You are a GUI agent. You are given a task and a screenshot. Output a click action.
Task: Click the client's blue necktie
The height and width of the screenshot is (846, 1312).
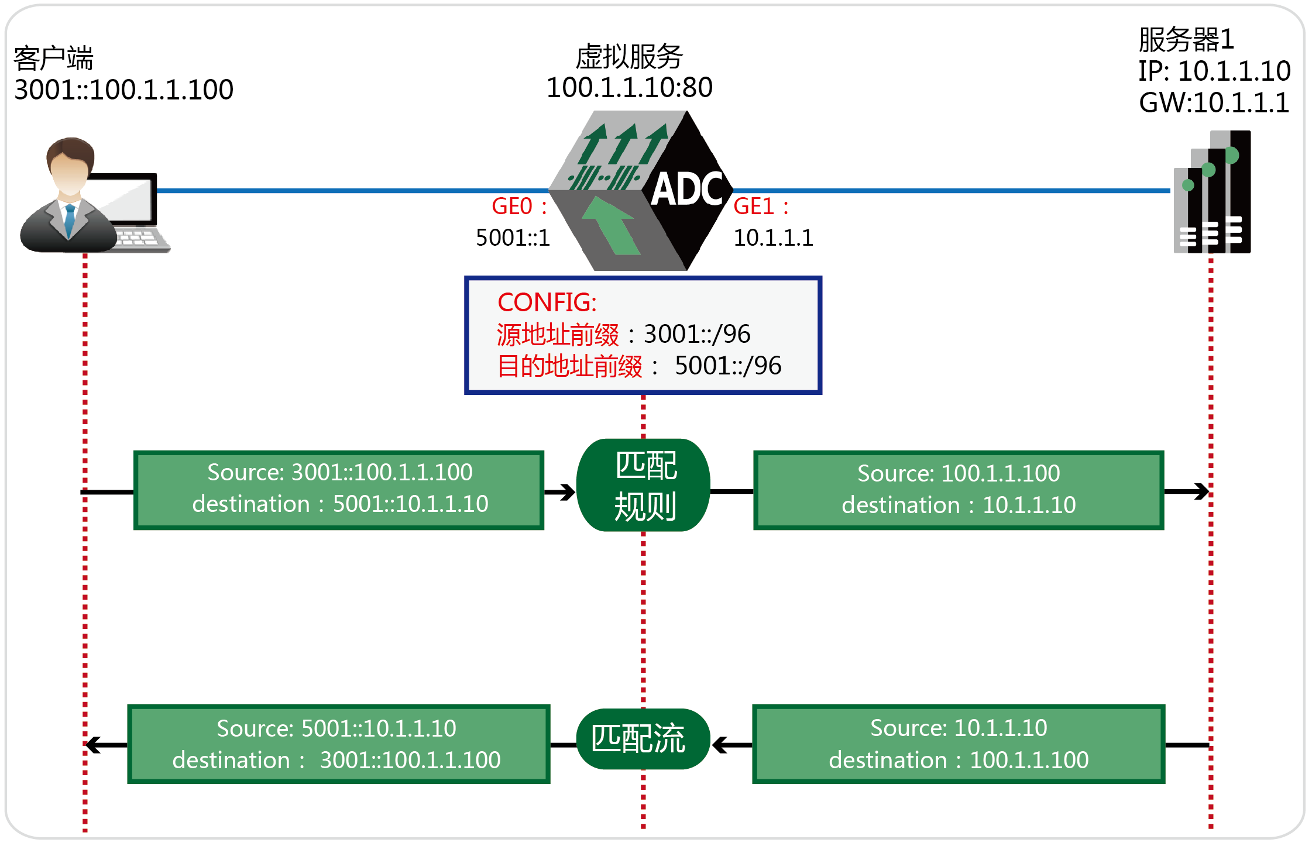70,219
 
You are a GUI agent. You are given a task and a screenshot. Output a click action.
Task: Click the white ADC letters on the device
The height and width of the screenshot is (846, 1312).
688,189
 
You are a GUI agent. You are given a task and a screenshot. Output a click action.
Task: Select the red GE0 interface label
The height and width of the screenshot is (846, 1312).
513,207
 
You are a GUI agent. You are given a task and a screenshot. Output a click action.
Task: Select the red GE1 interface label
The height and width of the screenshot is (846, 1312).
754,207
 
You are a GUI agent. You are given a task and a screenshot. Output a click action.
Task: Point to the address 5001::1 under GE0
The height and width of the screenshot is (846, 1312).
513,238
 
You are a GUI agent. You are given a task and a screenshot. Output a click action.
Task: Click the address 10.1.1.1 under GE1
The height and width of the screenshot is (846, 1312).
773,238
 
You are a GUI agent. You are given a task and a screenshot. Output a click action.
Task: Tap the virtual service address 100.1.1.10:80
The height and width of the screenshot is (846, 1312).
629,88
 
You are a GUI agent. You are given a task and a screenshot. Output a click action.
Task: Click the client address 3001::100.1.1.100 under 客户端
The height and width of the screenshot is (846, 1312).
123,90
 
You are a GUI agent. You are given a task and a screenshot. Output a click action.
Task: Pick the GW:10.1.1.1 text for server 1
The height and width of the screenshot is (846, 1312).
1214,103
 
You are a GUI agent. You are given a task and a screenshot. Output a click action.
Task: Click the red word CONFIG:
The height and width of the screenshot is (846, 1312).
547,302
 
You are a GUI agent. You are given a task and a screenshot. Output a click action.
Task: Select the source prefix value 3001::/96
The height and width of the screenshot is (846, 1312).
696,334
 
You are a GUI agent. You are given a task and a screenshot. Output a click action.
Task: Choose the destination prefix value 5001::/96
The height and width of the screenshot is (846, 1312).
728,366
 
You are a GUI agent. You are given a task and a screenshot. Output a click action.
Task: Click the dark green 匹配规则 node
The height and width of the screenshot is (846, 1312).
643,485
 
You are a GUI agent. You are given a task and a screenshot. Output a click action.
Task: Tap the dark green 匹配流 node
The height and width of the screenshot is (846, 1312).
643,739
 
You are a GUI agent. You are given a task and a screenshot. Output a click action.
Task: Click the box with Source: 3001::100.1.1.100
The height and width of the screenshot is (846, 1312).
339,490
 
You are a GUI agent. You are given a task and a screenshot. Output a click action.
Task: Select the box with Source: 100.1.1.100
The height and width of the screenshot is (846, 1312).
959,490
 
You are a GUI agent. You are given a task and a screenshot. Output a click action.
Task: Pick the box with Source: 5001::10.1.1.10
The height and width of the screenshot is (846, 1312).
339,744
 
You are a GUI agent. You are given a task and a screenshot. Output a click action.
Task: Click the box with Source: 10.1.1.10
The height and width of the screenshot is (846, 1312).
959,744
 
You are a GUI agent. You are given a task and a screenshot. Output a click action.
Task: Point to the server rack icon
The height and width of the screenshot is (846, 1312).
1212,192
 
